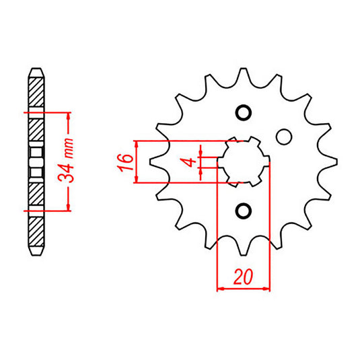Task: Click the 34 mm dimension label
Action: click(x=66, y=160)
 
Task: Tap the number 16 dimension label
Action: click(x=126, y=162)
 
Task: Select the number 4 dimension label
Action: click(x=190, y=162)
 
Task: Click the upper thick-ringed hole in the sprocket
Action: click(x=244, y=112)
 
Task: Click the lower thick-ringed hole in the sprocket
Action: click(x=244, y=211)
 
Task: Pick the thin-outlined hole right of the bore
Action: click(x=284, y=137)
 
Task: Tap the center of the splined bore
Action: click(x=244, y=162)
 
